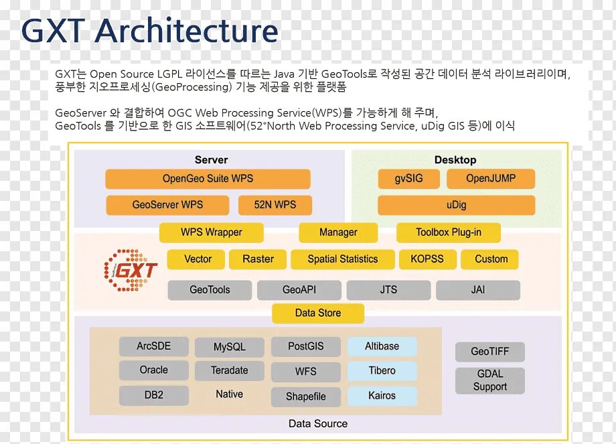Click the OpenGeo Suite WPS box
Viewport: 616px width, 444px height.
click(x=208, y=179)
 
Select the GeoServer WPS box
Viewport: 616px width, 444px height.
click(x=167, y=205)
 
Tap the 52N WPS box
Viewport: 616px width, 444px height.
click(x=275, y=205)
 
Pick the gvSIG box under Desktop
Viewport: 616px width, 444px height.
click(x=408, y=179)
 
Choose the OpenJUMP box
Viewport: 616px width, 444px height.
click(x=491, y=179)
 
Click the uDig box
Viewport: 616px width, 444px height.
click(x=456, y=205)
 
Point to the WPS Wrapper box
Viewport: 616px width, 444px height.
click(x=212, y=232)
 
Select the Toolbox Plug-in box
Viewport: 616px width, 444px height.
click(x=449, y=232)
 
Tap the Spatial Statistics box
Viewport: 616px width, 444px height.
click(x=343, y=259)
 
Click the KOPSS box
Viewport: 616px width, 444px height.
click(x=427, y=259)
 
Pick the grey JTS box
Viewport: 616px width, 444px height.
click(x=388, y=290)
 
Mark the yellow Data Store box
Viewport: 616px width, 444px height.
click(x=318, y=313)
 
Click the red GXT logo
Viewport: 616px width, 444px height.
click(x=132, y=270)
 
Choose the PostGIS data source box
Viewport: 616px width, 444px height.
click(x=305, y=346)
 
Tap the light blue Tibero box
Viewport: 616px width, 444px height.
click(x=382, y=370)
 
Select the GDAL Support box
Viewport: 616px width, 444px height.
click(x=490, y=381)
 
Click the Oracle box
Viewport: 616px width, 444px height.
click(x=154, y=370)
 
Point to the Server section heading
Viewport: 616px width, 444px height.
click(x=211, y=160)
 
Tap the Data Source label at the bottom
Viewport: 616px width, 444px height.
click(x=318, y=423)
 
